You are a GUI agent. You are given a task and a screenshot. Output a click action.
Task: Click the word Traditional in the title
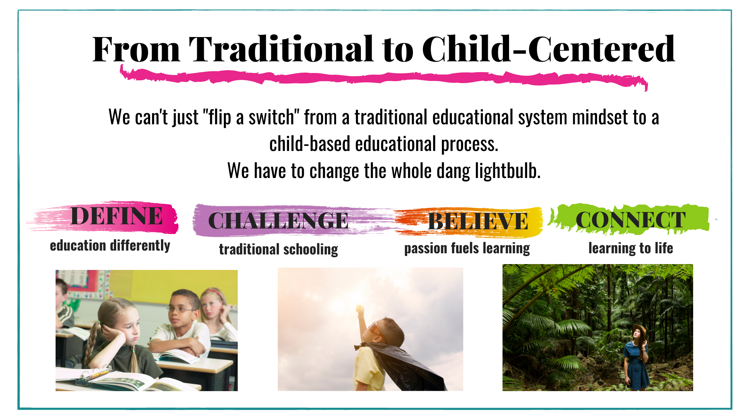[x=281, y=49]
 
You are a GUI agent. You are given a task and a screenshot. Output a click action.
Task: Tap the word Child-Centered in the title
[x=548, y=49]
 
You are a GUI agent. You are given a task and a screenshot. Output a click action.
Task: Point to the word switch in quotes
[x=272, y=117]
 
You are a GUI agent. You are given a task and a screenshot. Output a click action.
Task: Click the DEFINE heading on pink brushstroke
[x=117, y=216]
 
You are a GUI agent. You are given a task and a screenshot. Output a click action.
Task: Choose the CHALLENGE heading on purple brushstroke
[x=278, y=221]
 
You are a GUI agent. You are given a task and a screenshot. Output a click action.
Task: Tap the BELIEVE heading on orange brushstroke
[x=478, y=221]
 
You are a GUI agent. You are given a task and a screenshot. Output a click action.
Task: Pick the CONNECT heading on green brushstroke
[x=631, y=220]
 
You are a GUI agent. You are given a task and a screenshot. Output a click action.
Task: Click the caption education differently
[x=110, y=246]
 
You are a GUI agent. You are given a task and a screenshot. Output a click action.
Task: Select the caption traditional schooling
[x=279, y=249]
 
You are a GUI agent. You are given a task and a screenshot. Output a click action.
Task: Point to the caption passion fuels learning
[x=467, y=248]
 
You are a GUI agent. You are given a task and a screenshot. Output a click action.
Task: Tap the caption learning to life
[x=631, y=248]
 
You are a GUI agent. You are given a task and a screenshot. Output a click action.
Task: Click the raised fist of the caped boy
[x=360, y=310]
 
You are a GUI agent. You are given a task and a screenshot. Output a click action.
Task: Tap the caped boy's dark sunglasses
[x=376, y=329]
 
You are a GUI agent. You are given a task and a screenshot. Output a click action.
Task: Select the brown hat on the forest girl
[x=639, y=329]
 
